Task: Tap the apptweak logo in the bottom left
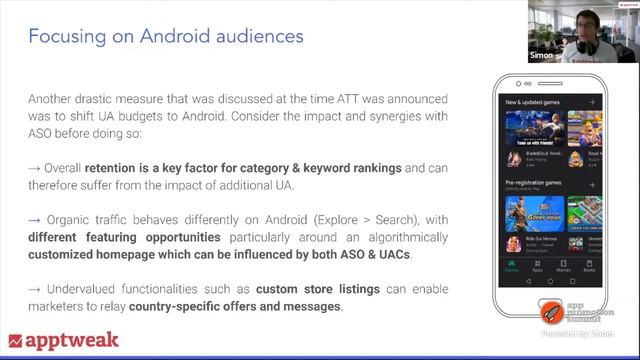click(63, 340)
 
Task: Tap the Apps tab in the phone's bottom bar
click(538, 267)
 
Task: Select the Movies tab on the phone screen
click(564, 267)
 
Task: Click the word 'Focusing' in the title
click(63, 38)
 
